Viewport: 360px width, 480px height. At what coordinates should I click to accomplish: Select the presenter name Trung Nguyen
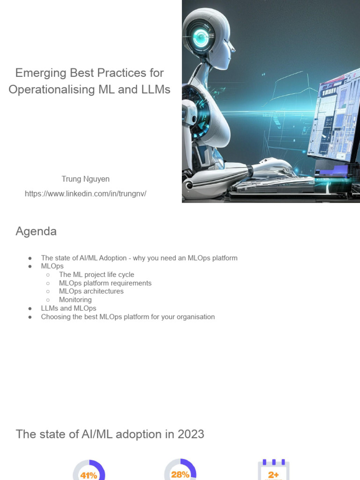pos(85,179)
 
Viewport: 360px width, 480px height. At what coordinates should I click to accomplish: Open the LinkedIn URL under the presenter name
pos(85,194)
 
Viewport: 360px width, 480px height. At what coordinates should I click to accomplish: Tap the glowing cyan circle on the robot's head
pos(201,37)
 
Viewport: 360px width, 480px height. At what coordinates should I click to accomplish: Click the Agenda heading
pos(36,231)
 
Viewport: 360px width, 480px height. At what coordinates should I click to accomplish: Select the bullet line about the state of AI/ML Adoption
pos(139,258)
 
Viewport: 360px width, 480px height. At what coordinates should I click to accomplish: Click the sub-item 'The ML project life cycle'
pos(97,275)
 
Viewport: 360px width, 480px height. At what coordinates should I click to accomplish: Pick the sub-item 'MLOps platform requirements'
pos(105,283)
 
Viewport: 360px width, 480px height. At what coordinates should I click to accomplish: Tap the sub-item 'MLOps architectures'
pos(91,291)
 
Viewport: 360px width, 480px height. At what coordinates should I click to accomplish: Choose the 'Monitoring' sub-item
pos(75,300)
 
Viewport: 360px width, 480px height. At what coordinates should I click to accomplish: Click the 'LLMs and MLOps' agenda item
pos(68,308)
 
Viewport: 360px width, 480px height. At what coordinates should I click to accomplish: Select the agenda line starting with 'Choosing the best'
pos(128,317)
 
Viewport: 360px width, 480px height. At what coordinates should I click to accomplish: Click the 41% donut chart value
pos(89,475)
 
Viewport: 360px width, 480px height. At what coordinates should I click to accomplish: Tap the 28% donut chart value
pos(180,474)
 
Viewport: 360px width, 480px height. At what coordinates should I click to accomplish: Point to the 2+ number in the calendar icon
pos(273,475)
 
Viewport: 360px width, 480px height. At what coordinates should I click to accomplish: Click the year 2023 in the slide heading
pos(191,435)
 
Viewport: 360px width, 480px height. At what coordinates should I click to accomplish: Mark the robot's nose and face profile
pos(229,46)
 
